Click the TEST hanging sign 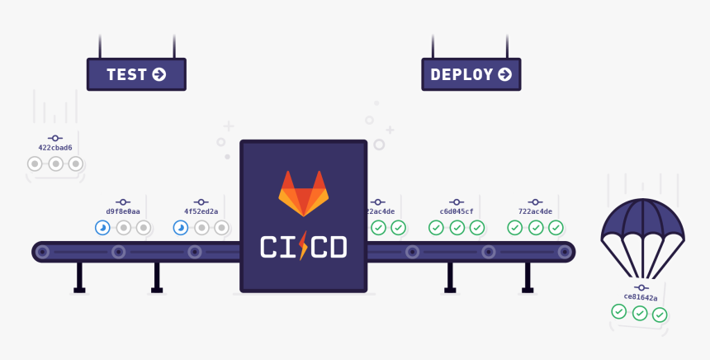[136, 74]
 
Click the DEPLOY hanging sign [471, 74]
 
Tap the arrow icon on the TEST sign [159, 74]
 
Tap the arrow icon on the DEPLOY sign [504, 74]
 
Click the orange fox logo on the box [303, 193]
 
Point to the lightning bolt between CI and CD [303, 246]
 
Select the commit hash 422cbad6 [55, 148]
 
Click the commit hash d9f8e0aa [123, 211]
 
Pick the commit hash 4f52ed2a [201, 211]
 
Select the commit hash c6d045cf [457, 211]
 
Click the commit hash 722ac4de [535, 211]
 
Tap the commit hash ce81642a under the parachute [640, 297]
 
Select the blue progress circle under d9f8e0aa [102, 228]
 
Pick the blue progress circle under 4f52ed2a [181, 228]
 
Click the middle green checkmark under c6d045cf [457, 228]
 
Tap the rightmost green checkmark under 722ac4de [556, 228]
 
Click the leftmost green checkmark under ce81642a [618, 311]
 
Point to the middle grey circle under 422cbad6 [55, 163]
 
